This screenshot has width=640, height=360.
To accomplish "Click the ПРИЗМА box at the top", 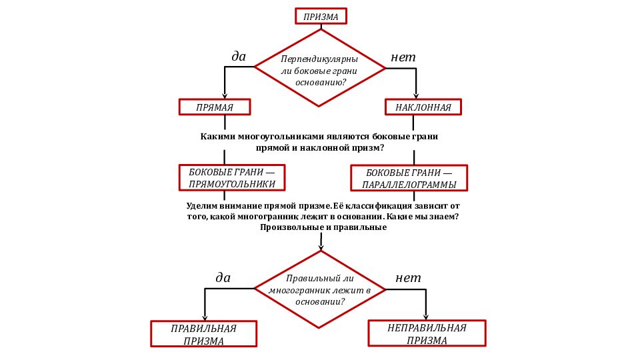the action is coord(321,16).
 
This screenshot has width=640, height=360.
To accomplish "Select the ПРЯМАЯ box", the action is coord(215,107).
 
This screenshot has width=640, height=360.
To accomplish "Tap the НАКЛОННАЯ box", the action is coord(423,107).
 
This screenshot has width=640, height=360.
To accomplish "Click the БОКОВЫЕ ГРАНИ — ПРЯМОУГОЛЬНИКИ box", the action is coord(232,177).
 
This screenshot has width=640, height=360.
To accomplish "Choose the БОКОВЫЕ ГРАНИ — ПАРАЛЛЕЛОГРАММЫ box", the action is coord(409,178).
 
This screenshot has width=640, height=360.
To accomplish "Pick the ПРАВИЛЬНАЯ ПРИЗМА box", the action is coord(204,334).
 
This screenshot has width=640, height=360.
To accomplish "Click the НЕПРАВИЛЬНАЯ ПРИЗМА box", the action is coord(427,333).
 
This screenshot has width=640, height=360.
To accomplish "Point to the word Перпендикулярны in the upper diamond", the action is coord(319,59).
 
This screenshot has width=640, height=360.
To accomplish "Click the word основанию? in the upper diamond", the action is coord(321,83).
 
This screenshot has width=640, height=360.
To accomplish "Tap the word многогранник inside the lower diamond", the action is coord(299,290).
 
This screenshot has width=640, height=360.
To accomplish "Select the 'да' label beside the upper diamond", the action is coord(239,56).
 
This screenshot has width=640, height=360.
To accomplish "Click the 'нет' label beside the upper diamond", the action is coord(403,57).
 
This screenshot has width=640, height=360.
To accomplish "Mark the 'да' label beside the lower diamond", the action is coord(223,277).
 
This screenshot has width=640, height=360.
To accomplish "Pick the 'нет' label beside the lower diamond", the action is coord(408,278).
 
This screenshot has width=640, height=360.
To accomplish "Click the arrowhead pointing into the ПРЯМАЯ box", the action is coord(225,96).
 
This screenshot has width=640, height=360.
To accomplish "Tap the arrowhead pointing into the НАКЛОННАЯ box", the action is coord(416,96).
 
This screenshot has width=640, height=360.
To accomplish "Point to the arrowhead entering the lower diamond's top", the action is coord(321,247).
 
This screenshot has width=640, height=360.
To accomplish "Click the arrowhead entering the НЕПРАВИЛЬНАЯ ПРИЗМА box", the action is coord(426,317).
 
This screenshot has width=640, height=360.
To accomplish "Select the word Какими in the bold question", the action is coord(217,136).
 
